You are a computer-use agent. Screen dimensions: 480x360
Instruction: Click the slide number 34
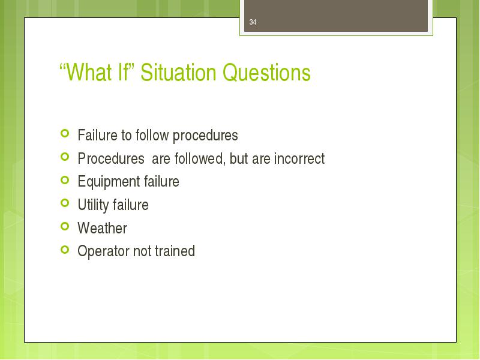(253, 22)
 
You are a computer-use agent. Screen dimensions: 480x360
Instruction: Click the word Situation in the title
(178, 73)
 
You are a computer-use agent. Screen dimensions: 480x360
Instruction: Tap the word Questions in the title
(266, 73)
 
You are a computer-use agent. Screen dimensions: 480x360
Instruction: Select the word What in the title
(89, 73)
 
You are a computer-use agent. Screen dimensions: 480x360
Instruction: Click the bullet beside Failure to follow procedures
(65, 133)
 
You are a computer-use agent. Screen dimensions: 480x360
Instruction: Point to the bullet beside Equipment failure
(65, 179)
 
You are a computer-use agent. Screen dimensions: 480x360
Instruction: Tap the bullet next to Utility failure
(65, 203)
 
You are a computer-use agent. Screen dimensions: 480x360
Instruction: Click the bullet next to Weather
(65, 226)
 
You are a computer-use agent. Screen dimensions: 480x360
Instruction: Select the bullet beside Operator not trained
(65, 250)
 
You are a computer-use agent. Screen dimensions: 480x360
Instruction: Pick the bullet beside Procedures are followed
(65, 157)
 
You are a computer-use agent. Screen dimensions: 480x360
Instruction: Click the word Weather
(102, 228)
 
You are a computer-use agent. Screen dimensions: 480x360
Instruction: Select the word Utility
(93, 205)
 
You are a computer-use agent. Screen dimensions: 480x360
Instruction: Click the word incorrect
(299, 158)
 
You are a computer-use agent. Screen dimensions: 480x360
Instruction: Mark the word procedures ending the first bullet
(205, 136)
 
